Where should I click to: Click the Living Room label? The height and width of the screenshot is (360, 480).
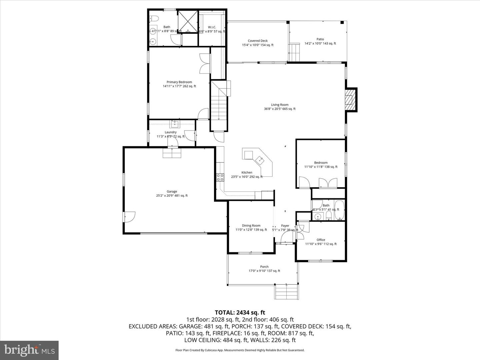pos(279,105)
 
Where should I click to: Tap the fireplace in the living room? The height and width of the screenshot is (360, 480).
pos(350,100)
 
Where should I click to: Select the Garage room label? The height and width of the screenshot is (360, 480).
pos(172,191)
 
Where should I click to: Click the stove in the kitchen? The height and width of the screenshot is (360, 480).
pos(220,177)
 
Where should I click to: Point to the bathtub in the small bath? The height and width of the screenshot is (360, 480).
pos(339,210)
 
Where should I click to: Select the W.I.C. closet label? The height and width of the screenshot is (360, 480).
pos(212,27)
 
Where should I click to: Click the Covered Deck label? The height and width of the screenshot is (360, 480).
pos(258,41)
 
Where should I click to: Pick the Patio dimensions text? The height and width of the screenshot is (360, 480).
pos(320,43)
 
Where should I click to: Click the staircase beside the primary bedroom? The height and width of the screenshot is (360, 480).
pos(219,103)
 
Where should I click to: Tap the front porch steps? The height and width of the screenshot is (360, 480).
pos(286,292)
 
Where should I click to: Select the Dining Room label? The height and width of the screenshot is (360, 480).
pos(251,226)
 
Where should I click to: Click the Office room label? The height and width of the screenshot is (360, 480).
pos(321,240)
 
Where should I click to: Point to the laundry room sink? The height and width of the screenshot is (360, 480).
pos(175,125)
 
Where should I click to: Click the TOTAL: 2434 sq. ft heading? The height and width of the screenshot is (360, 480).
pos(240,312)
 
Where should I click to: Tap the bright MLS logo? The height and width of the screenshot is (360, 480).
pos(29,350)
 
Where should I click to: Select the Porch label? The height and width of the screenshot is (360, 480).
pos(264,267)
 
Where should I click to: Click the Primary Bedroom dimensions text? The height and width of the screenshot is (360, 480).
pos(179,86)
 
